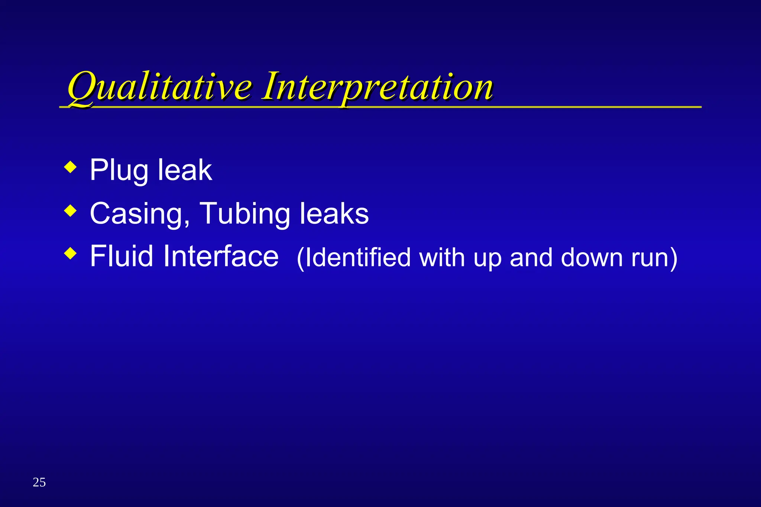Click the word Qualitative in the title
coord(160,87)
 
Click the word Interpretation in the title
coord(377,87)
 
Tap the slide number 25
coord(39,482)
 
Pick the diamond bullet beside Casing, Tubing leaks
coord(70,211)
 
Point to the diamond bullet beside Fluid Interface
coord(70,254)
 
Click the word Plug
coord(119,171)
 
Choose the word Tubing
coord(245,214)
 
